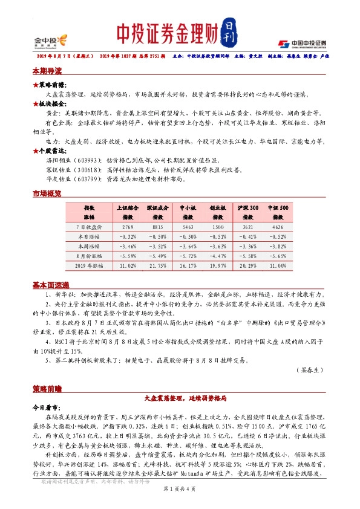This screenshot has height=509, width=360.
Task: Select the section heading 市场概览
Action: (47, 193)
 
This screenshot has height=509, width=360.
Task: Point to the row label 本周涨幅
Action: (92, 245)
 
